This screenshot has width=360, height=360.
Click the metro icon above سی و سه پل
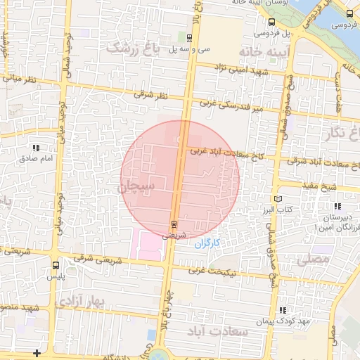(x=190, y=38)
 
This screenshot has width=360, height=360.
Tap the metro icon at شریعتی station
(x=173, y=224)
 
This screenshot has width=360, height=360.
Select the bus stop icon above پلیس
(x=56, y=265)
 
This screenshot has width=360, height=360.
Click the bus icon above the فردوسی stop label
(x=349, y=13)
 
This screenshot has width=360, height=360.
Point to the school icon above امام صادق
(x=36, y=148)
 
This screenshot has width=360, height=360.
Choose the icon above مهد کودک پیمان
(x=282, y=310)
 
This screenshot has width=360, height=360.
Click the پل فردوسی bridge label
(x=270, y=32)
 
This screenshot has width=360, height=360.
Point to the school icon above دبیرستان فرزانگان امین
(x=338, y=207)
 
